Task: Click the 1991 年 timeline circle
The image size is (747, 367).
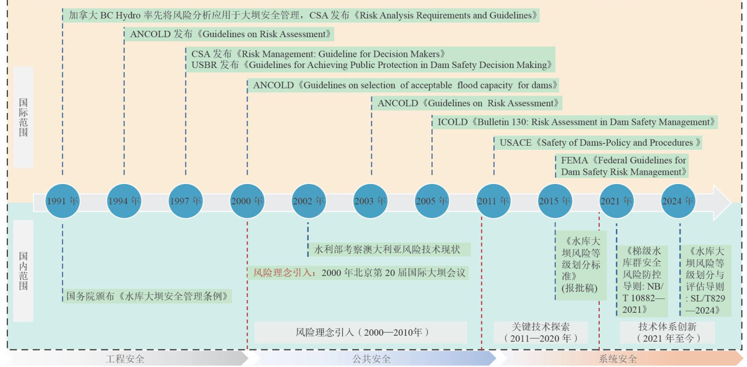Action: pyautogui.click(x=63, y=201)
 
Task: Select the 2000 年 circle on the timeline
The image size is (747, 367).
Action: pyautogui.click(x=247, y=201)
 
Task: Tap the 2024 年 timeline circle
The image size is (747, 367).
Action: pyautogui.click(x=678, y=201)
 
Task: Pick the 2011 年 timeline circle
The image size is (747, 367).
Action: pyautogui.click(x=493, y=201)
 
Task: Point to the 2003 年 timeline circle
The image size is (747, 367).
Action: pyautogui.click(x=370, y=201)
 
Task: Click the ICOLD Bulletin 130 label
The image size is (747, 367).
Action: pyautogui.click(x=575, y=122)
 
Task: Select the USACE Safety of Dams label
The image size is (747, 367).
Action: pyautogui.click(x=598, y=143)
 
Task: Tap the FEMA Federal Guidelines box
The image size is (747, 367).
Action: pyautogui.click(x=622, y=166)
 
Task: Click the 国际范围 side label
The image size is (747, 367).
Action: pyautogui.click(x=23, y=117)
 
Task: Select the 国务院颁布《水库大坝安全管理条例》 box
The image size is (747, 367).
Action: pyautogui.click(x=147, y=296)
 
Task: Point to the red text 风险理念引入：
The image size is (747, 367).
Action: pyautogui.click(x=285, y=273)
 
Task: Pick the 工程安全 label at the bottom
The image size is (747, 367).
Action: pyautogui.click(x=125, y=359)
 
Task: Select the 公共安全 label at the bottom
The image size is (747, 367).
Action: pyautogui.click(x=372, y=359)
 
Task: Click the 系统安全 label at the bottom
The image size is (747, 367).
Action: pyautogui.click(x=618, y=359)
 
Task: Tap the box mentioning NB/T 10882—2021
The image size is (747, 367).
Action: pyautogui.click(x=642, y=281)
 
